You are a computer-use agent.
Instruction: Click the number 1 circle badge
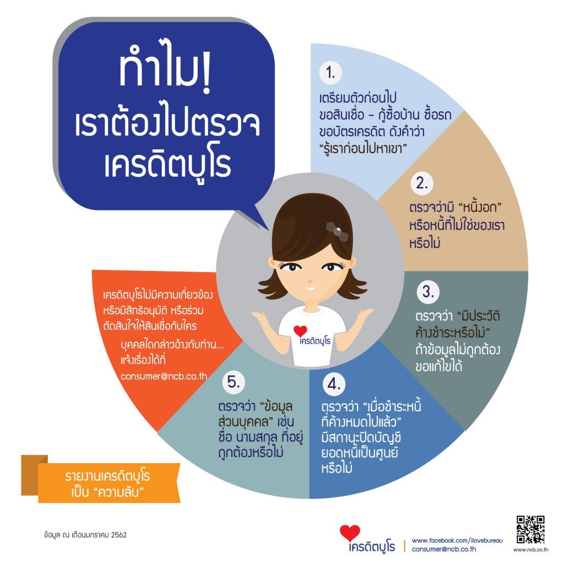(x=330, y=73)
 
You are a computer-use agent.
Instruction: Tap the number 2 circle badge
(x=422, y=184)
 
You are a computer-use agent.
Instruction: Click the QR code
(x=530, y=529)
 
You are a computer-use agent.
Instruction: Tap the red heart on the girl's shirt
(x=300, y=331)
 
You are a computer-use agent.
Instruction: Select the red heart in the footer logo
(x=350, y=533)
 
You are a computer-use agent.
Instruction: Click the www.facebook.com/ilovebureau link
(x=457, y=540)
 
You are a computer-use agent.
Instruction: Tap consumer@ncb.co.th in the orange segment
(x=164, y=377)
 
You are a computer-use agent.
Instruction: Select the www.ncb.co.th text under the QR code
(x=530, y=550)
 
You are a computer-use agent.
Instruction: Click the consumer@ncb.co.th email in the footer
(x=444, y=549)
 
